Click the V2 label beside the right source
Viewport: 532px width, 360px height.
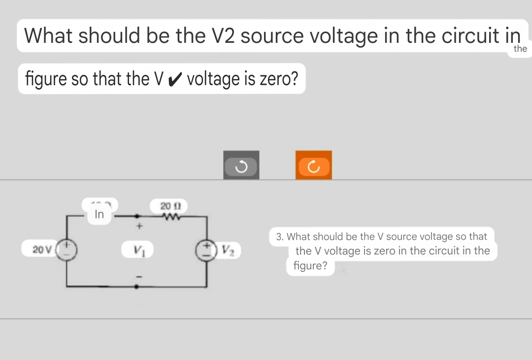click(230, 250)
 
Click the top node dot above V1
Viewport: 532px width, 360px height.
click(137, 216)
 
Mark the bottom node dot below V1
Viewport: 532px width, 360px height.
click(137, 286)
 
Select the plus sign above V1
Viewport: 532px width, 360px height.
click(139, 227)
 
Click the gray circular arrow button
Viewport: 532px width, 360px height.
click(241, 165)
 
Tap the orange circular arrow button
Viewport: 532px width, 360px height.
click(314, 165)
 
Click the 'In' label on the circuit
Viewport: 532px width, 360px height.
click(99, 214)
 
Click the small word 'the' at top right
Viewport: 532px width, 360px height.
click(520, 48)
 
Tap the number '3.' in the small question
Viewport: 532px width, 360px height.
click(279, 236)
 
